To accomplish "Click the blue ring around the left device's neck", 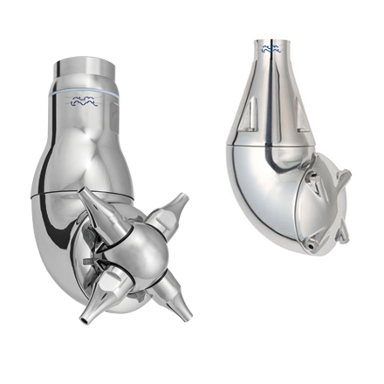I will pyautogui.click(x=85, y=89).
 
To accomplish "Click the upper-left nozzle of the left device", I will pyautogui.click(x=96, y=207).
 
